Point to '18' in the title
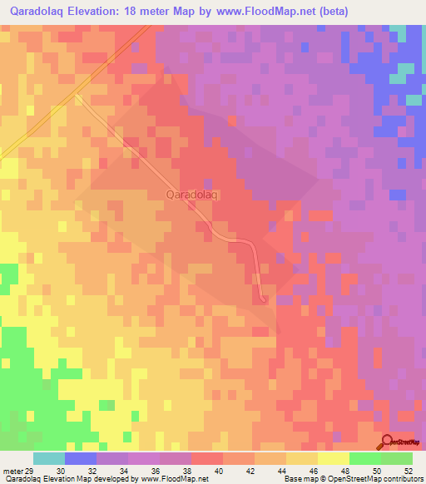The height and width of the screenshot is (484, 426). pos(141,11)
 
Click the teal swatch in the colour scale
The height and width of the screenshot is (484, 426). pos(49,458)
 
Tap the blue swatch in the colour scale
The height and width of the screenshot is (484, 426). pos(81,458)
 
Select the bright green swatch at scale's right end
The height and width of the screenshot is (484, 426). pos(397,458)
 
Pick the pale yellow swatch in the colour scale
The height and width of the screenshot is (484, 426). pos(334,458)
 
